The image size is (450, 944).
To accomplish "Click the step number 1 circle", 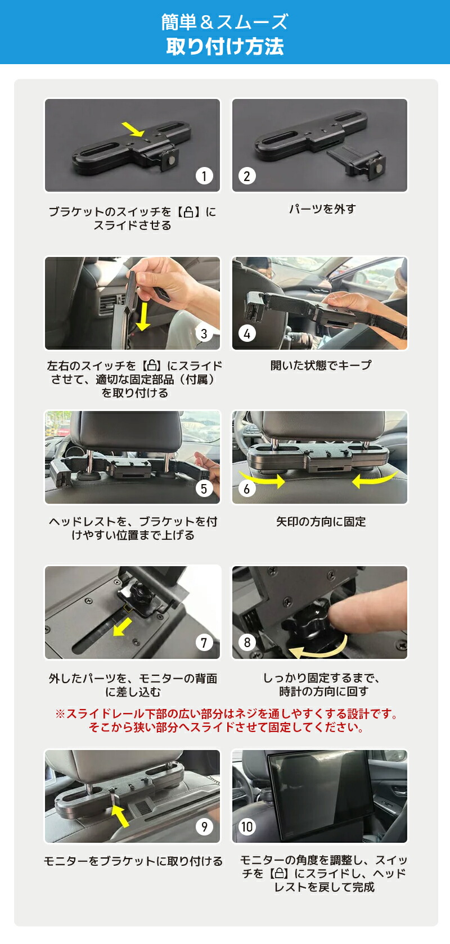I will [x=204, y=176].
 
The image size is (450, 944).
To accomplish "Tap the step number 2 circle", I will [x=246, y=176].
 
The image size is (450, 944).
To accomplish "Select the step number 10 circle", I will [x=247, y=826].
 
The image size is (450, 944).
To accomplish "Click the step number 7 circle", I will [x=204, y=642].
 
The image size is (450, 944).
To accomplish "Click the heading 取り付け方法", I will [x=225, y=47].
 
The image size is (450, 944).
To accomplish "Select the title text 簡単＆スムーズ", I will [x=225, y=22].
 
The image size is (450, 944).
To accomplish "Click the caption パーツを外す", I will [x=322, y=209].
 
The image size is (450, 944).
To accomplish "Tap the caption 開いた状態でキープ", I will [x=321, y=365].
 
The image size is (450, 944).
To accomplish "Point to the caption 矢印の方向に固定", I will [x=321, y=522].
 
